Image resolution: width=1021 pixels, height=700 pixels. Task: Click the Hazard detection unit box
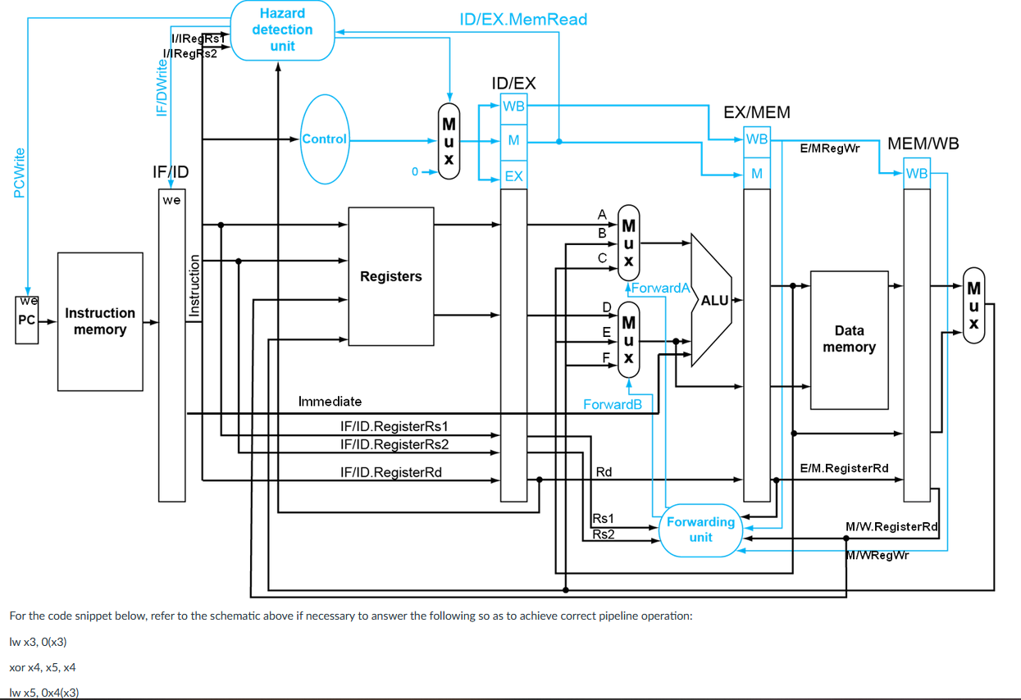point(283,30)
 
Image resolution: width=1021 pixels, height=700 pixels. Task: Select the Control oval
point(325,139)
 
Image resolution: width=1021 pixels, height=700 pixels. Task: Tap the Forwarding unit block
point(700,530)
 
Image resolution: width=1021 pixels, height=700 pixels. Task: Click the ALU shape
point(711,300)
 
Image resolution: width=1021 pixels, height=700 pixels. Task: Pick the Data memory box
point(849,339)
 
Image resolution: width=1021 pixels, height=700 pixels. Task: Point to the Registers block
point(391,276)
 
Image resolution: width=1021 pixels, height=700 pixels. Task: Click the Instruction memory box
point(100,321)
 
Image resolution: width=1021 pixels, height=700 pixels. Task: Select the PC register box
point(27,320)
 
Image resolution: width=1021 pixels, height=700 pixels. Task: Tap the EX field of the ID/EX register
point(513,175)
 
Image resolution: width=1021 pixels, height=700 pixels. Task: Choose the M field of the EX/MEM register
point(757,174)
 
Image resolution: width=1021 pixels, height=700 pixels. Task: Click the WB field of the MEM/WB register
point(917,174)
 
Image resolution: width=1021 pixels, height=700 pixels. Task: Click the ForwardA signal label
point(660,288)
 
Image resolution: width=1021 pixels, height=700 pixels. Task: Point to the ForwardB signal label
point(613,404)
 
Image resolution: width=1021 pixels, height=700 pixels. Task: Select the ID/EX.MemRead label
point(523,19)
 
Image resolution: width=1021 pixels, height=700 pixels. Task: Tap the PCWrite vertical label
point(19,173)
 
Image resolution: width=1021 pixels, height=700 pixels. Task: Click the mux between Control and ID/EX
point(449,141)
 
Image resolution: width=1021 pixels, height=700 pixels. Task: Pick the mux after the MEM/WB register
point(974,306)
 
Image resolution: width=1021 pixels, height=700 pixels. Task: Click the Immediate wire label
point(330,402)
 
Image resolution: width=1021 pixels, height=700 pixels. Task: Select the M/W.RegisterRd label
point(891,526)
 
